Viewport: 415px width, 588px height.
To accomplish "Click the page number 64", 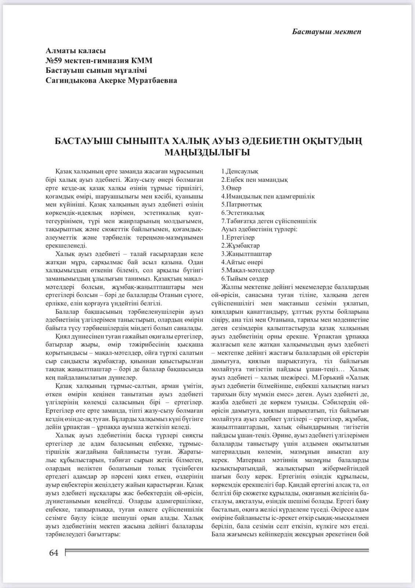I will point(54,553).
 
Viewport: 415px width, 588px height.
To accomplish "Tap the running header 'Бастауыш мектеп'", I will point(326,32).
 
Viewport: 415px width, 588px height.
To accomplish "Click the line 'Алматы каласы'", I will point(76,51).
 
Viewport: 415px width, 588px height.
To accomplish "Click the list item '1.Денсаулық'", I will point(240,172).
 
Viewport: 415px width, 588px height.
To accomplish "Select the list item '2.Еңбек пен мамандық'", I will point(254,180).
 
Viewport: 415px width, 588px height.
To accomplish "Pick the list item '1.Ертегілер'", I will point(238,237).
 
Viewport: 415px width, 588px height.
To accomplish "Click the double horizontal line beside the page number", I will point(217,550).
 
